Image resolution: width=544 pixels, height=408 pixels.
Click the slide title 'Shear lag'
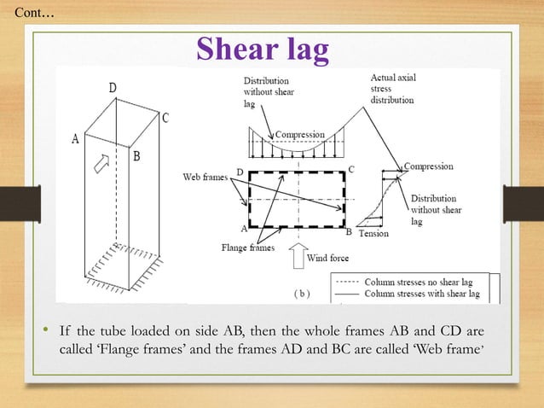263,50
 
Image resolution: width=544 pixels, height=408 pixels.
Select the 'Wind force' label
328,257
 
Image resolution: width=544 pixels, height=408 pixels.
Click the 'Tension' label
375,233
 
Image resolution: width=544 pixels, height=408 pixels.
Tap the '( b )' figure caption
302,293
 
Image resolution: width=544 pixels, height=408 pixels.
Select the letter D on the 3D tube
113,88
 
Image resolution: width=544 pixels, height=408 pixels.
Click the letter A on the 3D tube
75,141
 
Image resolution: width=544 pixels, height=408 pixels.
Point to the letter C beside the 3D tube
165,119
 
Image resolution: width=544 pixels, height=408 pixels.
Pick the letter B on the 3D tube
136,156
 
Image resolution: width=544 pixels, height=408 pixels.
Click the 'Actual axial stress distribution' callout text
393,89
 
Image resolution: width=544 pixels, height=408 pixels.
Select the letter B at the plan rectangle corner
348,230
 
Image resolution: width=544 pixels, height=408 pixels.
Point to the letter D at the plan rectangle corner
240,172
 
